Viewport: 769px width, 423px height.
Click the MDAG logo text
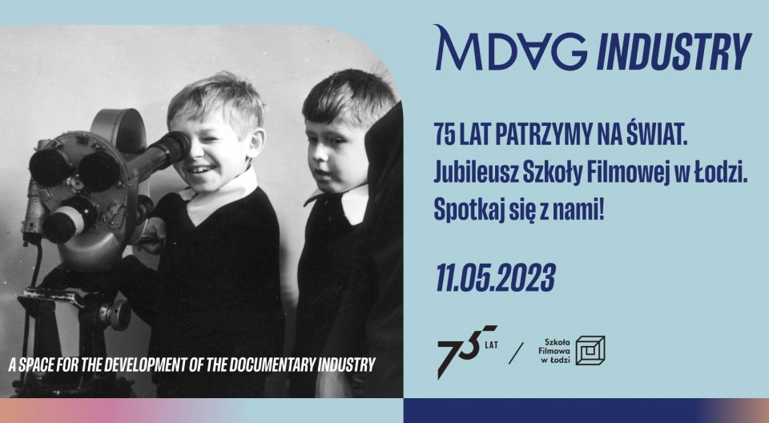pos(510,47)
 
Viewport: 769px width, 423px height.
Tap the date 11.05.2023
pos(495,278)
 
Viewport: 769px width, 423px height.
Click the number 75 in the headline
pos(445,136)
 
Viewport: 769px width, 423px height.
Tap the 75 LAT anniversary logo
pos(467,351)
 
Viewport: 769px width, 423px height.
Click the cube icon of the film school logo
pos(590,350)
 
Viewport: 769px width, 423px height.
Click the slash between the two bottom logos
pos(516,352)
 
